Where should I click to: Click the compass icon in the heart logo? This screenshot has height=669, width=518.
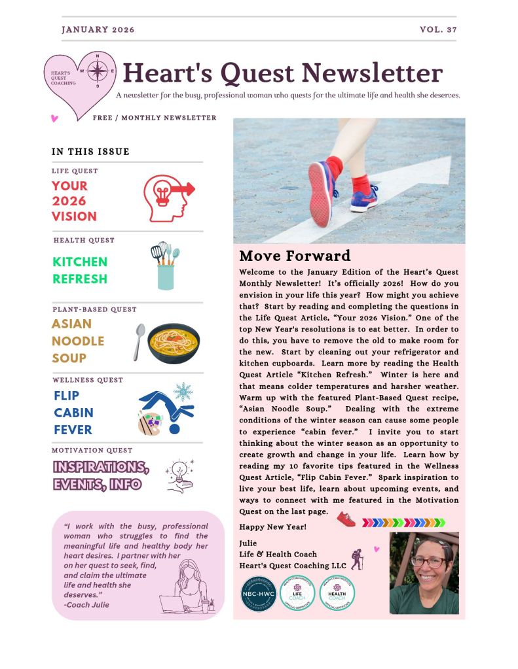tap(98, 70)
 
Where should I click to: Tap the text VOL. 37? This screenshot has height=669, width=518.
tap(438, 30)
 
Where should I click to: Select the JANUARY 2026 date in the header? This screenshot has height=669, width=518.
tap(98, 30)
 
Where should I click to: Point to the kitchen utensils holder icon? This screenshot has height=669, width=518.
tap(165, 266)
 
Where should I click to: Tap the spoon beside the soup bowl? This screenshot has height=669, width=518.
tap(138, 341)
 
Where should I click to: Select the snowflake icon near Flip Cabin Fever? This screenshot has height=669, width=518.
tap(183, 392)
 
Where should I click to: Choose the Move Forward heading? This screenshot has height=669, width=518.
tap(295, 256)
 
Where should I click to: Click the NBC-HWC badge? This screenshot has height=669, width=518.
tap(258, 593)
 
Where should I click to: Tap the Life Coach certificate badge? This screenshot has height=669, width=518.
tap(297, 593)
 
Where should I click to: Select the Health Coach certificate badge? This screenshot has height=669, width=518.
tap(338, 593)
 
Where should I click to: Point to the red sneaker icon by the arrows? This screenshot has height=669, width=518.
tap(346, 520)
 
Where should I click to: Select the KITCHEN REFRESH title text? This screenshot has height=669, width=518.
tap(80, 270)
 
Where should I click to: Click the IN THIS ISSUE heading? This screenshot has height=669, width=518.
tap(90, 152)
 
